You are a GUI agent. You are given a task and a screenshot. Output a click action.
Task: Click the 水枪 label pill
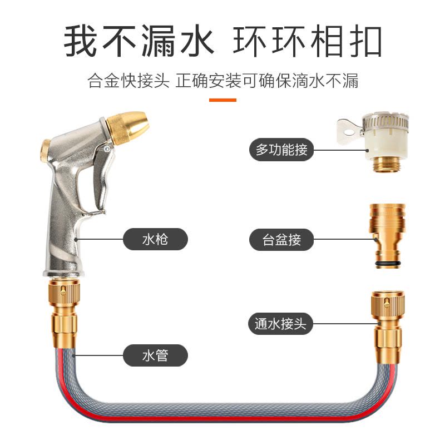(155, 240)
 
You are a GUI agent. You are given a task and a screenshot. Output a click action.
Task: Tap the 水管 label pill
(155, 355)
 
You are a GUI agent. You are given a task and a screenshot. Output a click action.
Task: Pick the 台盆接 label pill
(281, 240)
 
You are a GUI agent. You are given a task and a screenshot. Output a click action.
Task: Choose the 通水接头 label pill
(280, 324)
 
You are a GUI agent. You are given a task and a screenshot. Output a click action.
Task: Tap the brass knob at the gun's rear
(44, 149)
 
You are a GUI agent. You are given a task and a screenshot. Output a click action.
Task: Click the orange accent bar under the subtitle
(222, 100)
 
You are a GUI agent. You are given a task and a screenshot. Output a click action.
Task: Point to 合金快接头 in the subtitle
(128, 81)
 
